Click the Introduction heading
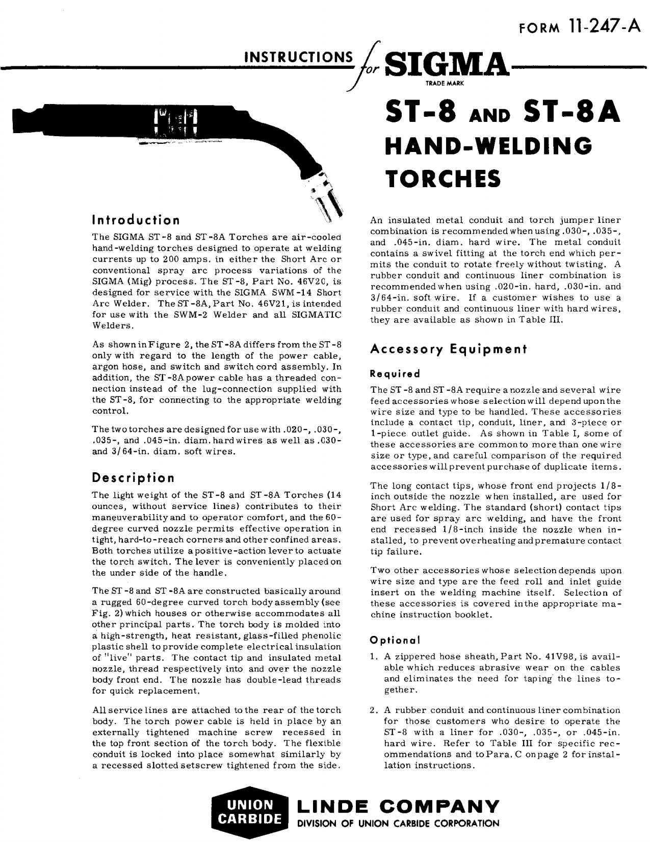pyautogui.click(x=136, y=220)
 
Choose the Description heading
pyautogui.click(x=133, y=478)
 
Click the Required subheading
pyautogui.click(x=395, y=374)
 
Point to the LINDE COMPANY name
pyautogui.click(x=398, y=806)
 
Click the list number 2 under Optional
pyautogui.click(x=374, y=710)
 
